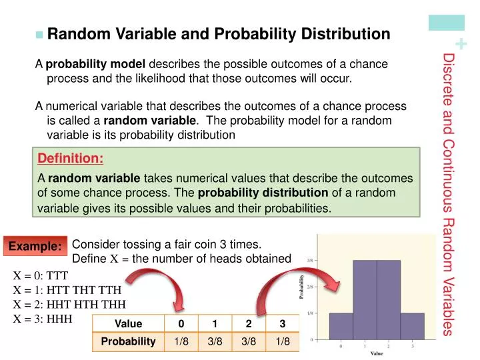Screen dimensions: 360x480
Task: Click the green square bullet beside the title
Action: (39, 34)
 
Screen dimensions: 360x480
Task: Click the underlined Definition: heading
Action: (71, 159)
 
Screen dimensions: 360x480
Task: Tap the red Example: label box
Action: (34, 246)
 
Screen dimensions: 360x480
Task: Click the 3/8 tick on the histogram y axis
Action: (311, 260)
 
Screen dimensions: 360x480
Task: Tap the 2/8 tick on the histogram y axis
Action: (311, 286)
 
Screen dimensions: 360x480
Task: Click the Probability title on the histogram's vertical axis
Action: (302, 287)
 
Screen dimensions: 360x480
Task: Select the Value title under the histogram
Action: (377, 353)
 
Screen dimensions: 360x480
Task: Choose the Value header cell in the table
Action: (128, 324)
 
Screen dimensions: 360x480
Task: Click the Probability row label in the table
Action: (128, 341)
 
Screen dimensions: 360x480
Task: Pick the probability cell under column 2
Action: (249, 341)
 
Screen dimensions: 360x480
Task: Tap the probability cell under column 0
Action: (181, 341)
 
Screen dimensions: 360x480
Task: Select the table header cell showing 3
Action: (283, 324)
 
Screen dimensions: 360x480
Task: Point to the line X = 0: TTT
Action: (41, 274)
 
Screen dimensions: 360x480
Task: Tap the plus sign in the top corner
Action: (463, 45)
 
